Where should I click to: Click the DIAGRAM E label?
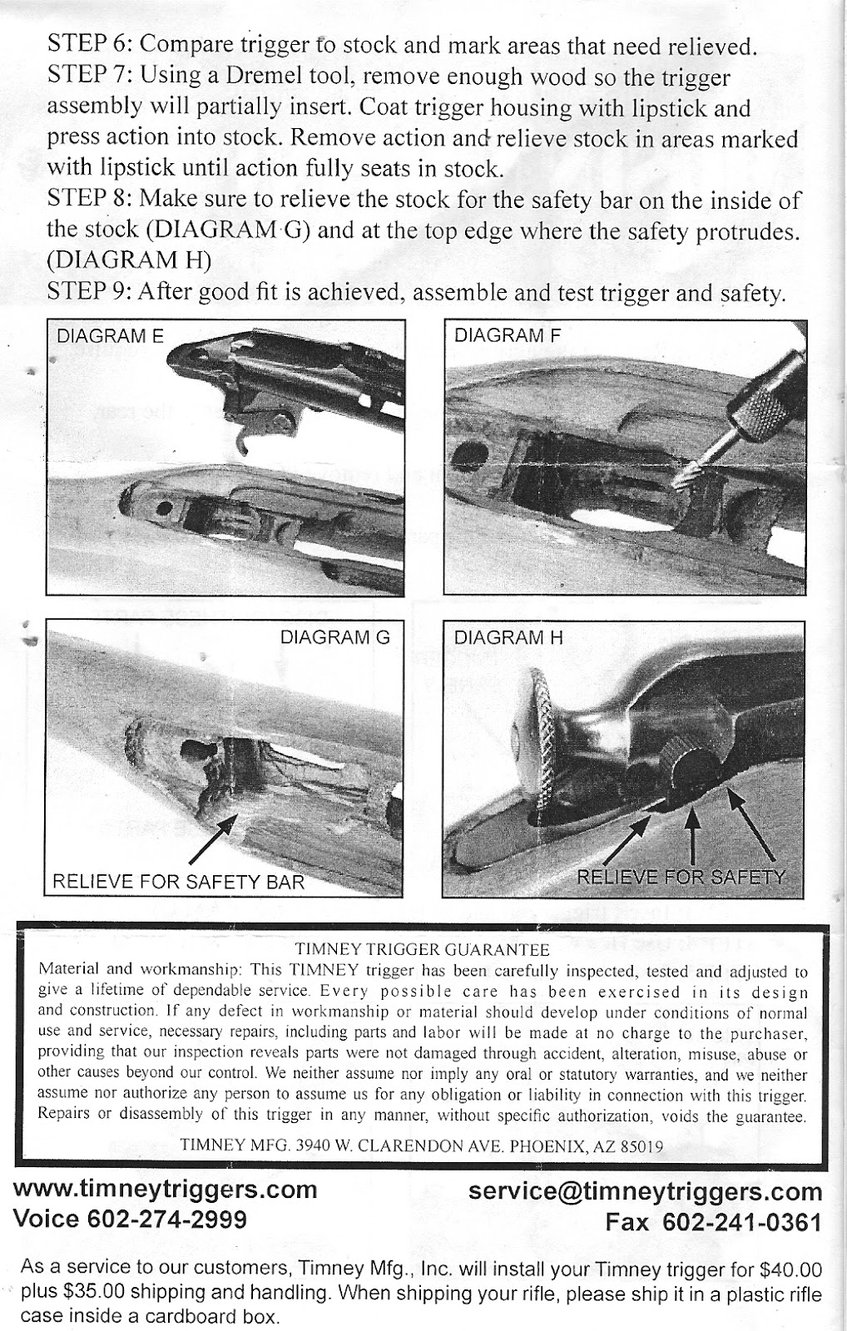[x=109, y=336]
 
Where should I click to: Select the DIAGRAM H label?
[x=508, y=638]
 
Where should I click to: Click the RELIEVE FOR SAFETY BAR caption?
[x=178, y=881]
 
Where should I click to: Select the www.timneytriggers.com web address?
[x=166, y=1190]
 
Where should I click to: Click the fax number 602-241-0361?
[x=742, y=1222]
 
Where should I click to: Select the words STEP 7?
[x=90, y=76]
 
